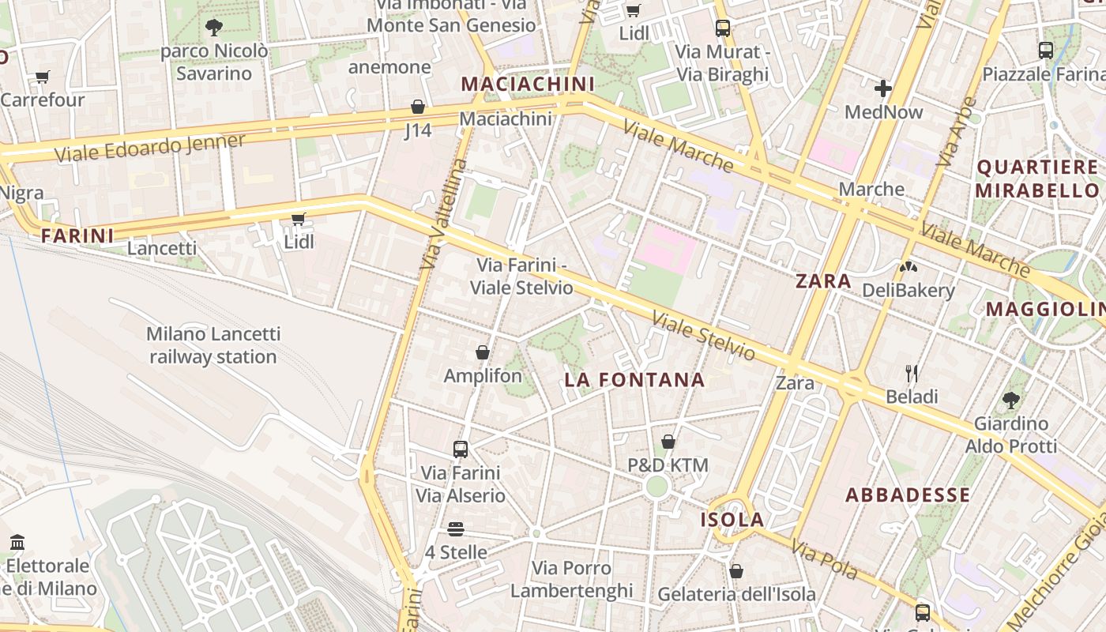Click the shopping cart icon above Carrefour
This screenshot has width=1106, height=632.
(x=42, y=77)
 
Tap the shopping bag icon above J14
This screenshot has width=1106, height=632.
(x=418, y=107)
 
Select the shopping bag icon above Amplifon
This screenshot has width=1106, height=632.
(x=483, y=352)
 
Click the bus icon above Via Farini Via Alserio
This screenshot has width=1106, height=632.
(x=461, y=450)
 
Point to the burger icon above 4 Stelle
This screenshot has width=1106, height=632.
(x=455, y=529)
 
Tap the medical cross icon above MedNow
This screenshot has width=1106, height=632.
(x=883, y=88)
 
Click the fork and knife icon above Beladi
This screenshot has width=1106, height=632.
(x=912, y=373)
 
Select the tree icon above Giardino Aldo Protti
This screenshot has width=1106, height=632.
(x=1010, y=400)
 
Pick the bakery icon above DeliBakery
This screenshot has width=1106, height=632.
(x=908, y=267)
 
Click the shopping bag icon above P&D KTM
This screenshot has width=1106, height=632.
(x=668, y=442)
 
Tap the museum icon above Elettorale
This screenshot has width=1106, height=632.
(x=17, y=543)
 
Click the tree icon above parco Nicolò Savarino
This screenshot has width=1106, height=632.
(x=213, y=28)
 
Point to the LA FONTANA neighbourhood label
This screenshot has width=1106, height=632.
(x=634, y=380)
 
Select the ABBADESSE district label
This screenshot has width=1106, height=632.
(x=908, y=495)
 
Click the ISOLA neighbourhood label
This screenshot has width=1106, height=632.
(x=732, y=520)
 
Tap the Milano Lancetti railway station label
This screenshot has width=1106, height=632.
(x=213, y=345)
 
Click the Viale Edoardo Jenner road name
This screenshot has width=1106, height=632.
(x=150, y=147)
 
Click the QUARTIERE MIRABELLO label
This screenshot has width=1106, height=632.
(x=1037, y=179)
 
